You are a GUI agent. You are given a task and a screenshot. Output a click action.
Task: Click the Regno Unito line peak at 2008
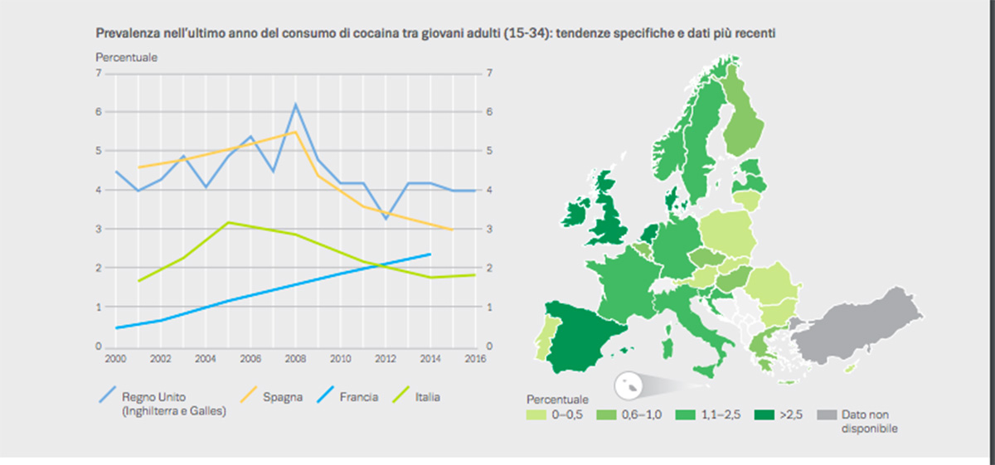click(x=296, y=104)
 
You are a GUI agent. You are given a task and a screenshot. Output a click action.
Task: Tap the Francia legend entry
click(x=358, y=397)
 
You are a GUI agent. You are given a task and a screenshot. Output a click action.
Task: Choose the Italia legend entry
click(x=427, y=397)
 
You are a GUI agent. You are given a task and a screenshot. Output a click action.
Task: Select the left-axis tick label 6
click(x=99, y=112)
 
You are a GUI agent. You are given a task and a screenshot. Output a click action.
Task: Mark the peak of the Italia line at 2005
click(x=228, y=222)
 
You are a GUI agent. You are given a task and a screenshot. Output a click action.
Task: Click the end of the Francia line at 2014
click(x=430, y=254)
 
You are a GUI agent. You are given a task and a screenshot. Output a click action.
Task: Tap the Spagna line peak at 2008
click(x=295, y=132)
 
